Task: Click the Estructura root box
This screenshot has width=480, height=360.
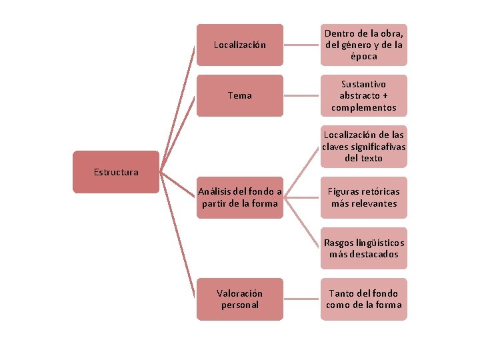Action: [116, 172]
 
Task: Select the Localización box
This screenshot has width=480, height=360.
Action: [239, 45]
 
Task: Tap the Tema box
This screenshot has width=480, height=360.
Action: [239, 95]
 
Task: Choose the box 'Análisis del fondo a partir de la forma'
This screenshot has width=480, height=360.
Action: [239, 197]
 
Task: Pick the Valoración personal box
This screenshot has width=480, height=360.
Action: [239, 299]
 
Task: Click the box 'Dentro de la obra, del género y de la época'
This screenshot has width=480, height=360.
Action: [363, 45]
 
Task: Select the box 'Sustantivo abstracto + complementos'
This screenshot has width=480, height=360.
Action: [363, 95]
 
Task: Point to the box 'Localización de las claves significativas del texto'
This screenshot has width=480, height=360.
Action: [363, 147]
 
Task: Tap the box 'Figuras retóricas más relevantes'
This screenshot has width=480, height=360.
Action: [363, 197]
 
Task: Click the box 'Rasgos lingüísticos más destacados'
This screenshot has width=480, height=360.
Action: [363, 248]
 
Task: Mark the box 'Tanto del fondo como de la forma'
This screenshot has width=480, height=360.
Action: [363, 299]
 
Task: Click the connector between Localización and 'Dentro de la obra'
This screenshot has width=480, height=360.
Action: [301, 45]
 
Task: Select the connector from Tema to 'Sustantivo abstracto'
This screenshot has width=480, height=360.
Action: [301, 95]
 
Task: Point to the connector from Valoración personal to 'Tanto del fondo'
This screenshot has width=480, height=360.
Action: [301, 299]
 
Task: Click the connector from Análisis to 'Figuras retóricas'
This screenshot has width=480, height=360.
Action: [301, 197]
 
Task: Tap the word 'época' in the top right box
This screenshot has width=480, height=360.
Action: [364, 57]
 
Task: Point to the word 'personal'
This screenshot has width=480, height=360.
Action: [240, 305]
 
